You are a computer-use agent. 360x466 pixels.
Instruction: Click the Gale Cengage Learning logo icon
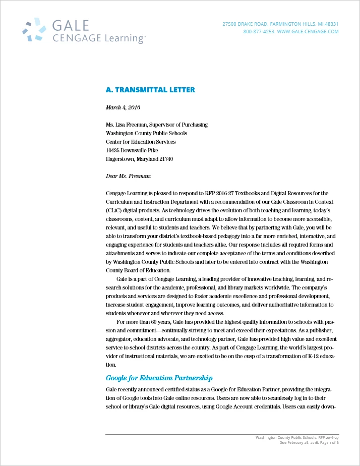35,30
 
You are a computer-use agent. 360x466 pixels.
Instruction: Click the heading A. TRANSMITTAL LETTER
150,90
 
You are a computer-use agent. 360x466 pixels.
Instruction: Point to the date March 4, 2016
123,107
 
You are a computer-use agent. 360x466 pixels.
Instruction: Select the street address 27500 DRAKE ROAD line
280,24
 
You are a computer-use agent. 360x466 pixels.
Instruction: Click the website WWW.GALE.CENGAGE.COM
308,31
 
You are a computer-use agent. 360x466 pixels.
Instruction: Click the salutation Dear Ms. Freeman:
128,176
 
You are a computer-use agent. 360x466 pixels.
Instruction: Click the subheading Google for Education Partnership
159,378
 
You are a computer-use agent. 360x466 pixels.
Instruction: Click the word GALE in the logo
71,26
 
